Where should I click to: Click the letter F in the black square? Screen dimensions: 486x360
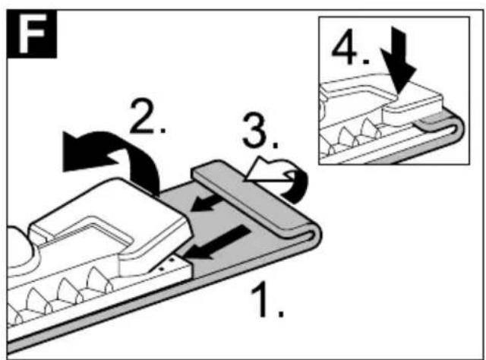(x=32, y=33)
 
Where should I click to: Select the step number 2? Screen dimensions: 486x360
(x=148, y=115)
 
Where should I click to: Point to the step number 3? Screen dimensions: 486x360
(x=260, y=130)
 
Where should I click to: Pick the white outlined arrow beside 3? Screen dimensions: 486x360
(x=267, y=171)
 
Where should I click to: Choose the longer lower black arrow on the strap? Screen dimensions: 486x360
(x=217, y=242)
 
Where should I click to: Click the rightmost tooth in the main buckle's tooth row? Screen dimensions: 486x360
(x=99, y=279)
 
